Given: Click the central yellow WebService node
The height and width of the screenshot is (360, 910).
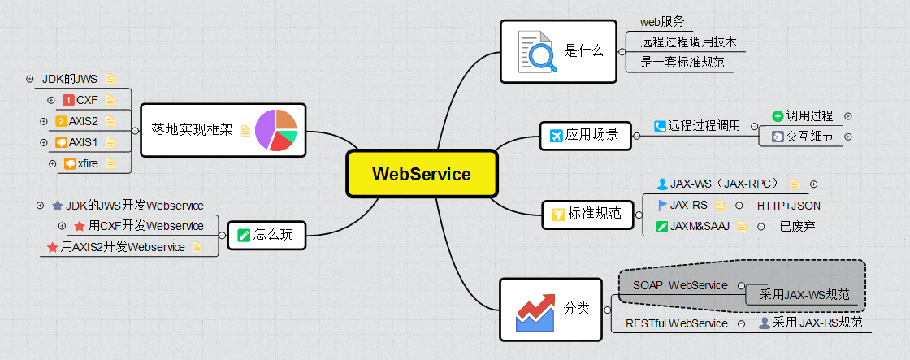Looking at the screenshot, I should point(421,173).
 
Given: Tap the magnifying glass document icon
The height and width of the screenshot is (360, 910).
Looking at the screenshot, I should point(537,50).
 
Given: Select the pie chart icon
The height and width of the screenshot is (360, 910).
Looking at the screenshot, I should point(275,130).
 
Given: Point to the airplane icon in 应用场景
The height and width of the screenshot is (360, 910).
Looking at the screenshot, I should point(557,135).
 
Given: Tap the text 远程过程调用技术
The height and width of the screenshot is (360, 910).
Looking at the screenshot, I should point(687,42).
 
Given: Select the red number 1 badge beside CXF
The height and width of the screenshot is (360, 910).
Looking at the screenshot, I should point(68,100).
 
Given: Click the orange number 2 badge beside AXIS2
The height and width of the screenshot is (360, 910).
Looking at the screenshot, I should point(61,121).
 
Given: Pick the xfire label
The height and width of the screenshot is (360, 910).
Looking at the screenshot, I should point(88,163).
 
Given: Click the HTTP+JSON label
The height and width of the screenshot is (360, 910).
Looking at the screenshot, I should point(788,206).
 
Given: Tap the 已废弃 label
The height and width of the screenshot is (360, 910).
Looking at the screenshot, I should point(796,227).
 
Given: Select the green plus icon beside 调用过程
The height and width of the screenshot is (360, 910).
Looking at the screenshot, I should point(778,116).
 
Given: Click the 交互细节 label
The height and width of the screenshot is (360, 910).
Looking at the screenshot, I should point(808,137).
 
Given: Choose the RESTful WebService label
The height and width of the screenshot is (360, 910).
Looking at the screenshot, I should point(676,323).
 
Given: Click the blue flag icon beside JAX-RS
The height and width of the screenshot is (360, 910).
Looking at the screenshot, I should point(662,205).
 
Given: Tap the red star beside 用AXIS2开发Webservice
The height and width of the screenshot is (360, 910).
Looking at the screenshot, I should point(52,247).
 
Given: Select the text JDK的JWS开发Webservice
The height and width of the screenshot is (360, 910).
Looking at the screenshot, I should point(134,206).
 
